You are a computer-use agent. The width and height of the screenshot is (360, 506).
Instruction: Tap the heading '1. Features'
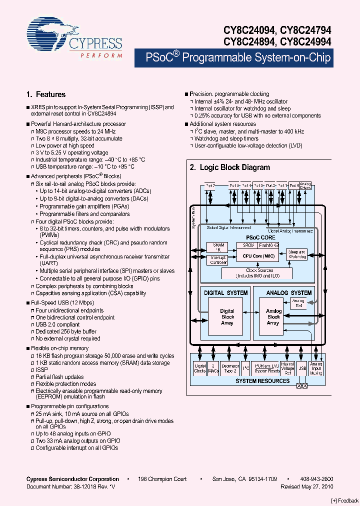[45, 94]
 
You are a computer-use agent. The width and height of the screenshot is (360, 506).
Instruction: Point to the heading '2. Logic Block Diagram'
[229, 168]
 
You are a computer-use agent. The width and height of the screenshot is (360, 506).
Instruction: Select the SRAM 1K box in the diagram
[217, 248]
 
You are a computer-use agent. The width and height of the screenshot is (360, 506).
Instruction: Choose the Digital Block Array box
[227, 317]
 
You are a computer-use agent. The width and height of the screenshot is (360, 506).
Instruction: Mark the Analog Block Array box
[273, 317]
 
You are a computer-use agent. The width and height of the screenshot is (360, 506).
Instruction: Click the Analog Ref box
[299, 303]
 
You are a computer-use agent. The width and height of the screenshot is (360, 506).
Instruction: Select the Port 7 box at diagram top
[210, 185]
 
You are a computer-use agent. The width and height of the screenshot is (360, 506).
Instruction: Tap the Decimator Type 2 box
[229, 368]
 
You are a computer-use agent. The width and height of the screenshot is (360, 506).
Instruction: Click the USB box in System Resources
[302, 368]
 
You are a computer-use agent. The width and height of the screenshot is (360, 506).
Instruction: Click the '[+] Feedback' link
[344, 500]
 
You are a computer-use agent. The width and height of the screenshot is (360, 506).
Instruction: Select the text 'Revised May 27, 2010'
[307, 486]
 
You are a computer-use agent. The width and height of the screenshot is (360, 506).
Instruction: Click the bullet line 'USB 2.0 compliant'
[57, 324]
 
